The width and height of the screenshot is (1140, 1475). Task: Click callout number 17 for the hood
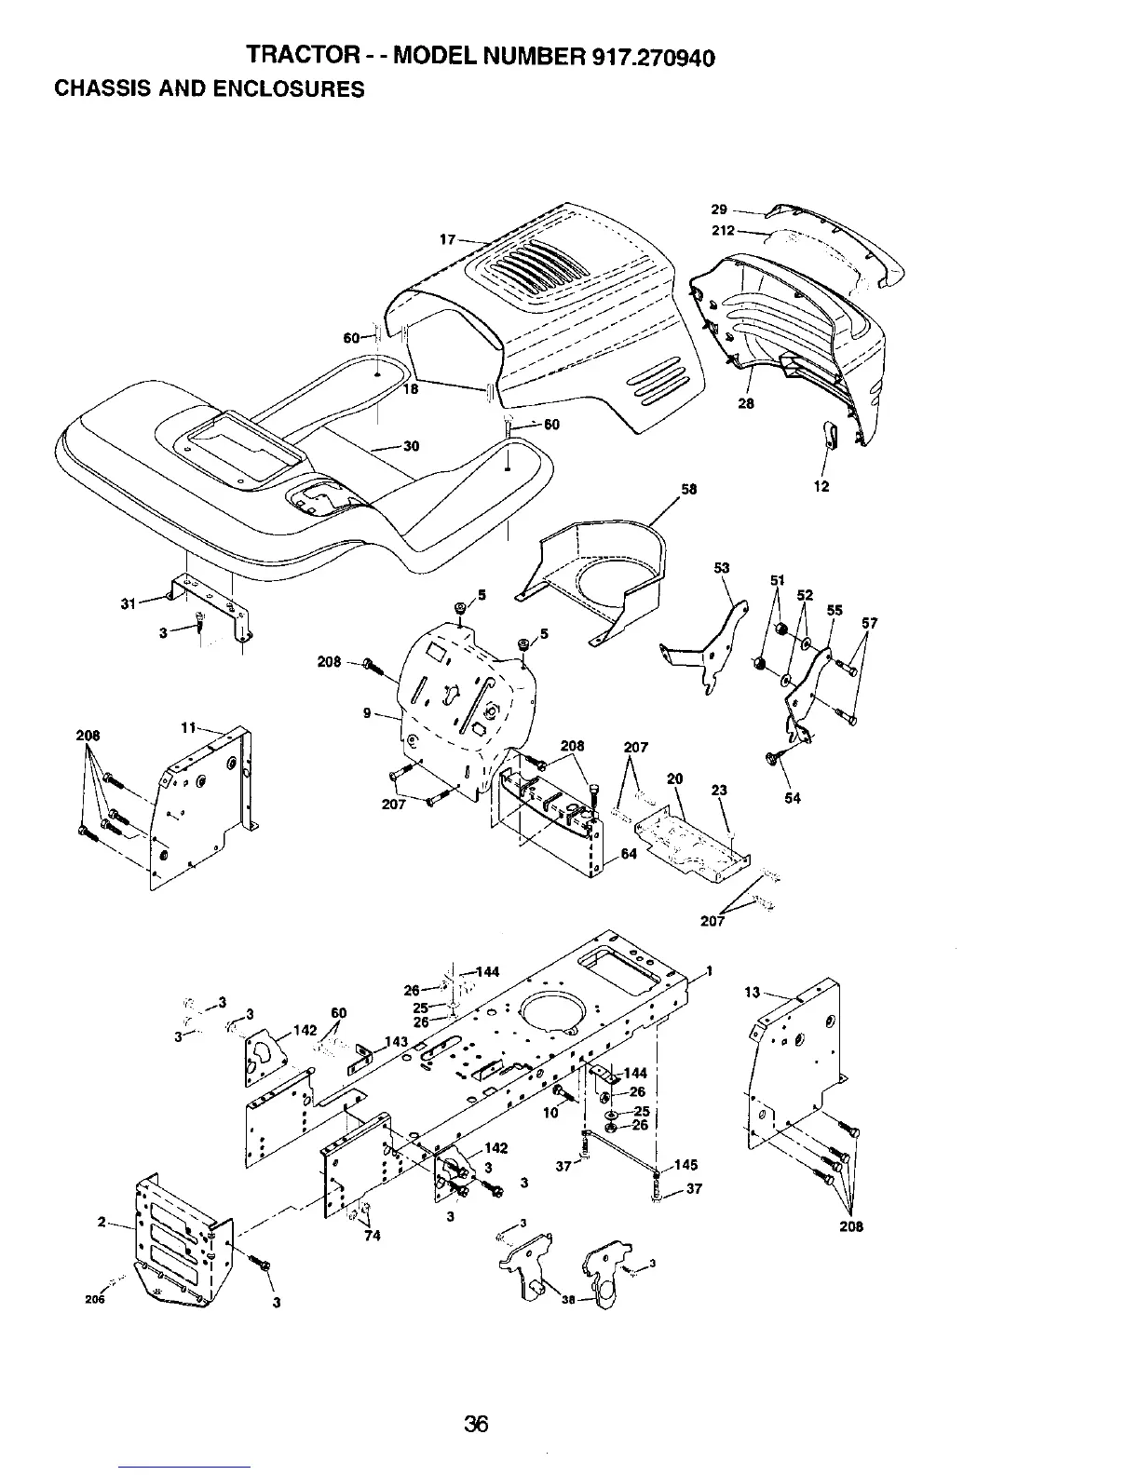point(448,239)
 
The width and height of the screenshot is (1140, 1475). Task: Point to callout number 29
point(718,210)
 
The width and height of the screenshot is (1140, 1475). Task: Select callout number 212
point(723,230)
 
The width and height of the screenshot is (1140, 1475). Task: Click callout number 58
point(689,489)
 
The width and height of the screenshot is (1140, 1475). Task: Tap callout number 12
point(821,486)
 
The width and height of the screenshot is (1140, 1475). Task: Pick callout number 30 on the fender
point(410,446)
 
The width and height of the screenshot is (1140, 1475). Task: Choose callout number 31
point(129,604)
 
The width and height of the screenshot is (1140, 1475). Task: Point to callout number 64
point(629,854)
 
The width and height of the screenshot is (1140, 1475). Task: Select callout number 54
point(792,798)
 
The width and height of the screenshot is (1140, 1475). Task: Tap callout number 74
point(372,1236)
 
